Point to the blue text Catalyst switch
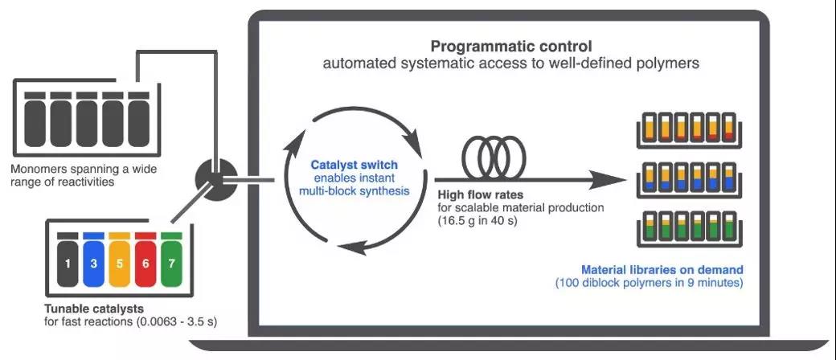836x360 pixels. click(x=354, y=166)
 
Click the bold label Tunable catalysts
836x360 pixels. click(x=90, y=309)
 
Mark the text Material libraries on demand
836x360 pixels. click(x=662, y=269)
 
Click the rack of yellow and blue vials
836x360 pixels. click(x=694, y=178)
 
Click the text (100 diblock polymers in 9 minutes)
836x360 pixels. click(x=650, y=283)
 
